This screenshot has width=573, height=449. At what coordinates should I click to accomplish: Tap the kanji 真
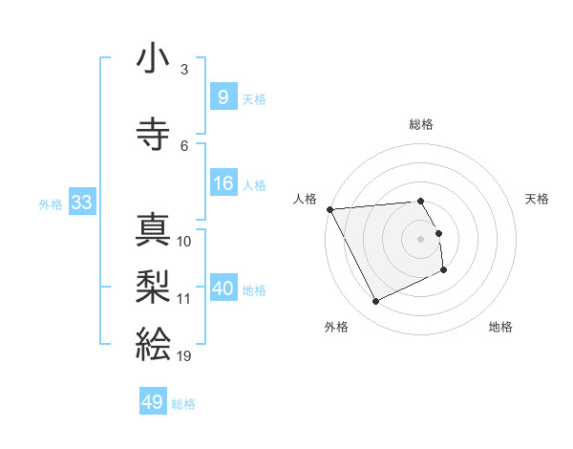point(153,229)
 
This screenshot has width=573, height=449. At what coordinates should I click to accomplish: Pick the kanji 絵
point(153,342)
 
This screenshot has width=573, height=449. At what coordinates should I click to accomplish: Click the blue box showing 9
point(223,97)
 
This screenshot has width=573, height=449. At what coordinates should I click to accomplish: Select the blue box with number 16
point(223,183)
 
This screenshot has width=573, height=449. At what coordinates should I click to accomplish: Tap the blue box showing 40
point(223,289)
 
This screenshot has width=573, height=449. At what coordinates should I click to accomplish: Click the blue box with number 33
point(80,203)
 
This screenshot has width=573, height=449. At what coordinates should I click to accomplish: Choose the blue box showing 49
point(153,402)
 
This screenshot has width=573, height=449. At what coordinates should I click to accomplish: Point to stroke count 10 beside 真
point(184,242)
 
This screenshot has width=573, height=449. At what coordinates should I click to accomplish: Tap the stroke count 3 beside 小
point(184,70)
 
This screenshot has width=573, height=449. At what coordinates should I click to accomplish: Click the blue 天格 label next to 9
point(254,98)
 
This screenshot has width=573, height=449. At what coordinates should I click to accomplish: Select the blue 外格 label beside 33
point(51,203)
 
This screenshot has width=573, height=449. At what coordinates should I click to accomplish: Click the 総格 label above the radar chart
point(421,124)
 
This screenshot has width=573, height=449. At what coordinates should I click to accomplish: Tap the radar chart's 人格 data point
point(329,209)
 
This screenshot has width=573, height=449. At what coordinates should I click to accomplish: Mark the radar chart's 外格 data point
point(375,302)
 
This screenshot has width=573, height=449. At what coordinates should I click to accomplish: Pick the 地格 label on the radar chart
point(500,327)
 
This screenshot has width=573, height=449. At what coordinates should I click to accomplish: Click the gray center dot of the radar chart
point(421,239)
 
